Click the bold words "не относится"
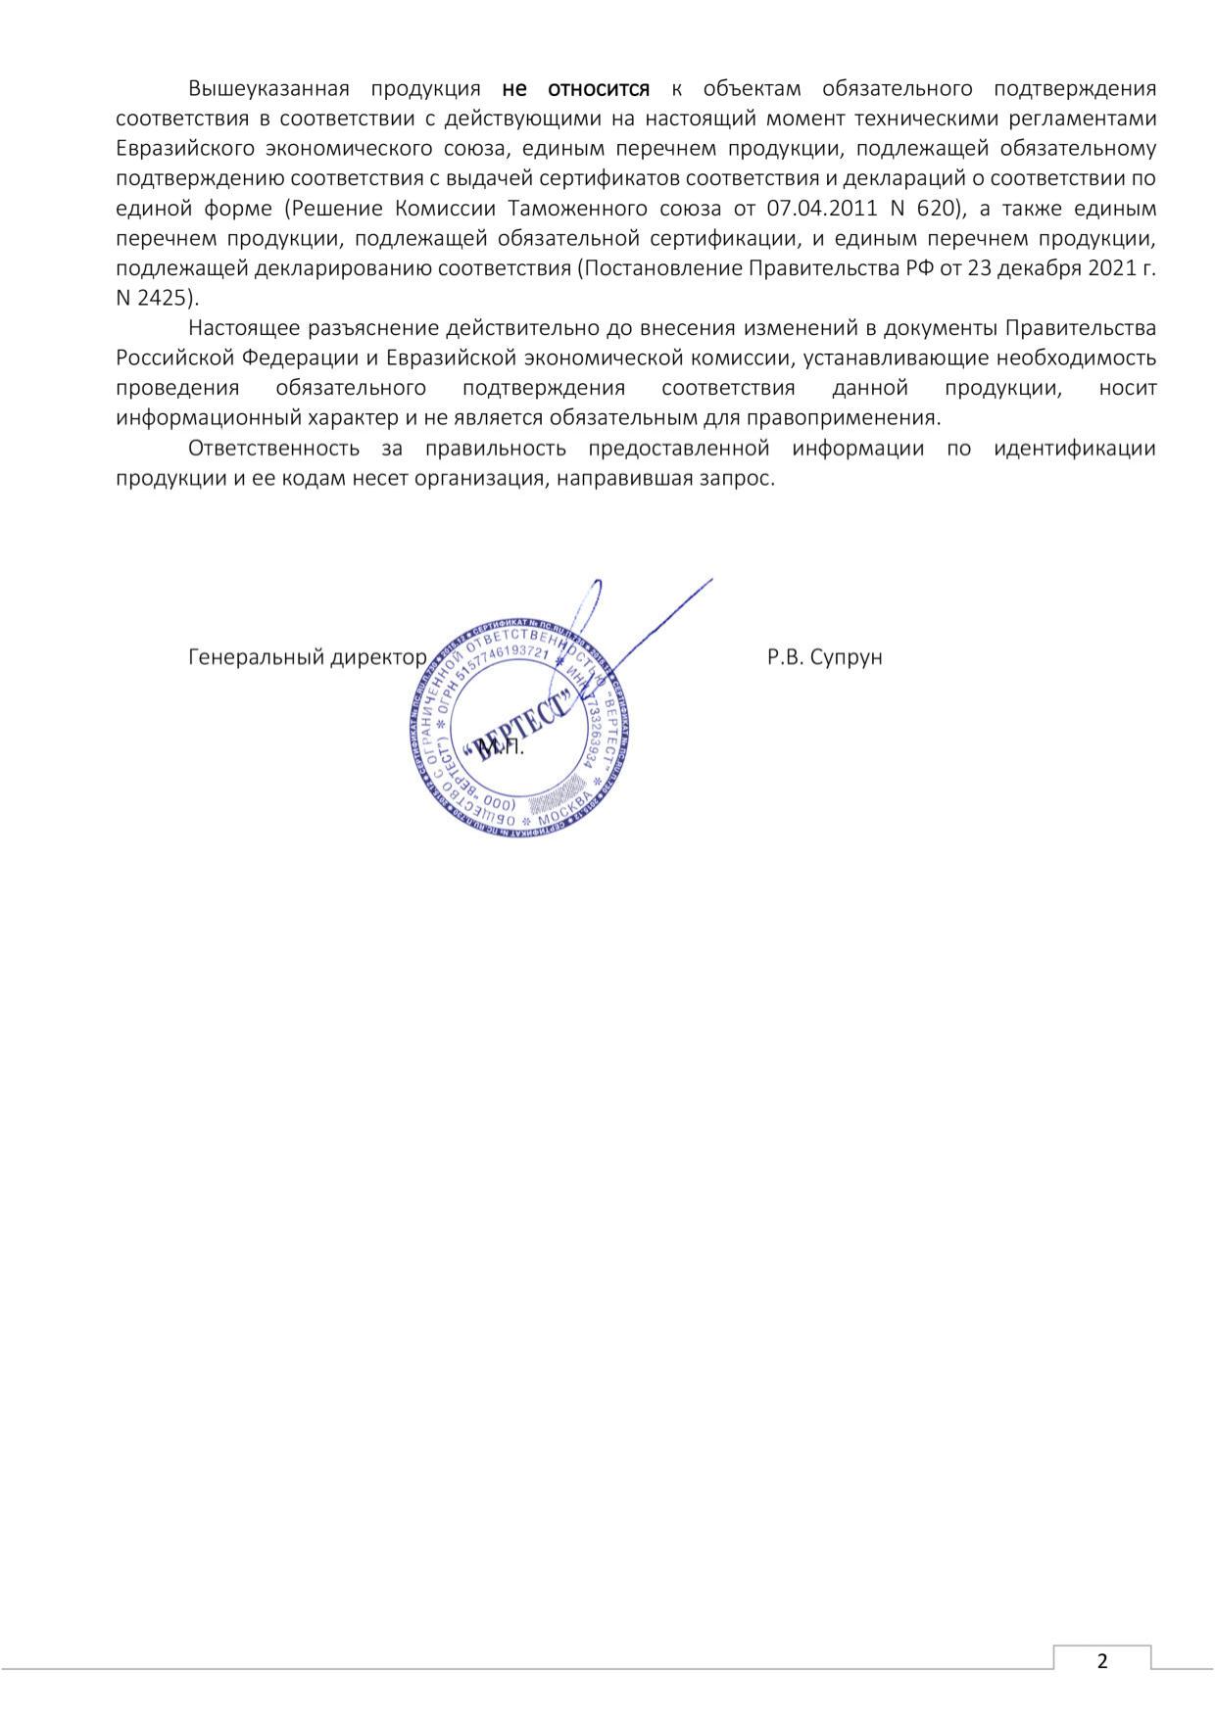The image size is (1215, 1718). [x=575, y=89]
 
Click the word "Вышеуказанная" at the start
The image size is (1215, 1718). [x=268, y=89]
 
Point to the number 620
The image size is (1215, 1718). [x=935, y=209]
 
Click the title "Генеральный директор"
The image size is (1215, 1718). [x=307, y=657]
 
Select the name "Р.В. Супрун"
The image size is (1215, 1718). [x=824, y=657]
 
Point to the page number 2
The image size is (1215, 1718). [x=1102, y=1661]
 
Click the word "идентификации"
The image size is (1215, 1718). [x=1074, y=449]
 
